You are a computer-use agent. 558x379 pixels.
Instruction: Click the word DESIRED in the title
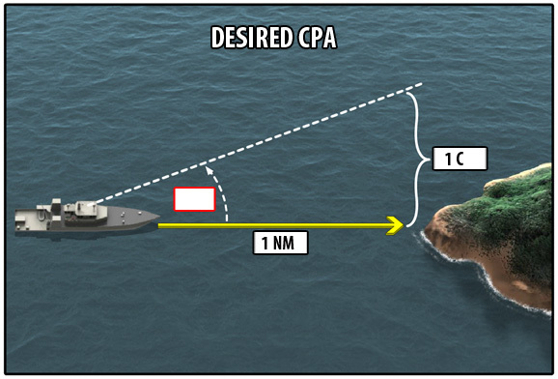point(252,38)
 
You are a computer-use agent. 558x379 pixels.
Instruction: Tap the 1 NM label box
point(280,243)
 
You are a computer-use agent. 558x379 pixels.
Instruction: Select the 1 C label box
point(460,159)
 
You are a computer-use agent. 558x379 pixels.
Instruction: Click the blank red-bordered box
point(195,199)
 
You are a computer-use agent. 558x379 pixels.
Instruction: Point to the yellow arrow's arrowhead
point(396,225)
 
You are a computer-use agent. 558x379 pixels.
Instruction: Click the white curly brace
point(417,160)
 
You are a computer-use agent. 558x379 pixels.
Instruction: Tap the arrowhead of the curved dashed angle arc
point(209,171)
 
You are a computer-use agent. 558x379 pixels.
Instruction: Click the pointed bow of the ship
point(157,216)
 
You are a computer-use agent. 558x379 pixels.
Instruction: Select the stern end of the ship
point(17,220)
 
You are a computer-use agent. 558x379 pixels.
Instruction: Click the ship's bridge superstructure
point(85,211)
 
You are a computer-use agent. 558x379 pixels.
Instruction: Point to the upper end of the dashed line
point(421,84)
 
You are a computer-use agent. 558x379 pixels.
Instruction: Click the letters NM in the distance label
point(284,243)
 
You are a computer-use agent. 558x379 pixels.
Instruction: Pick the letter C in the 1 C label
point(460,159)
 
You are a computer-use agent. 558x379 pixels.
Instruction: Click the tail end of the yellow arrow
point(159,225)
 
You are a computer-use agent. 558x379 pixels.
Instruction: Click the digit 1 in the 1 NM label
point(265,244)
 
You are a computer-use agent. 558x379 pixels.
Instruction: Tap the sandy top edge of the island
point(516,175)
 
